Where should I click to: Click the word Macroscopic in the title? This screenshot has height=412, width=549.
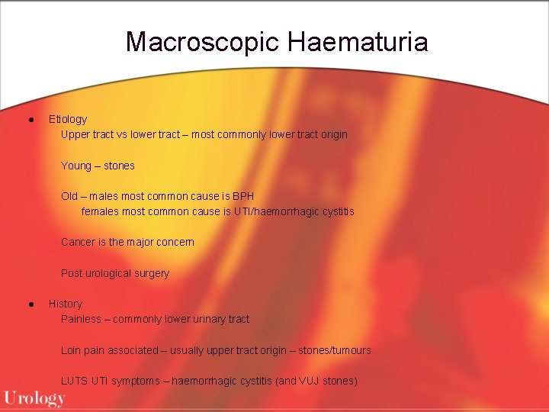(x=203, y=41)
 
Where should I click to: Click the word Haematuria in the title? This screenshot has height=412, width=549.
(x=358, y=41)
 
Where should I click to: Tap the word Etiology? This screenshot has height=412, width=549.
(x=68, y=119)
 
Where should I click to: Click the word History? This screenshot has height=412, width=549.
(x=66, y=304)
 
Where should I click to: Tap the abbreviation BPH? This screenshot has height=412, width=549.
(x=243, y=196)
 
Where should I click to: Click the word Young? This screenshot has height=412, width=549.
(x=76, y=166)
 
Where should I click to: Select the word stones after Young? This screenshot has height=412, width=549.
(x=119, y=166)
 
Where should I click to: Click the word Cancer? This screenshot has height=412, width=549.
(x=78, y=242)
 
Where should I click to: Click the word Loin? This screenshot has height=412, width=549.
(x=72, y=350)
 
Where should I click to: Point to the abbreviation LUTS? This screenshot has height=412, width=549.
(x=74, y=381)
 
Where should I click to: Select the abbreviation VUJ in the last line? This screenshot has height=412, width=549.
(x=308, y=381)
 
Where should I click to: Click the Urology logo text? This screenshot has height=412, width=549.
(x=34, y=398)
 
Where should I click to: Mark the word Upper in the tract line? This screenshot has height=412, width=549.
(x=75, y=134)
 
